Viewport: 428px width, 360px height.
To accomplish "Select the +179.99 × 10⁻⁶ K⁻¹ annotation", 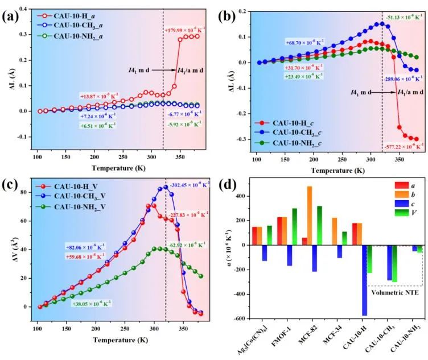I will click(182, 30).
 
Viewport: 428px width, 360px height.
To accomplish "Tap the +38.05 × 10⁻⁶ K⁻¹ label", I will click(91, 303).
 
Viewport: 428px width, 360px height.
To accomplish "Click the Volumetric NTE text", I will click(393, 295).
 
